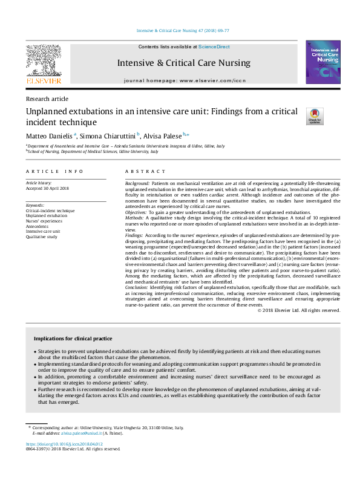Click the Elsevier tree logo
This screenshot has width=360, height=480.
[x=43, y=62]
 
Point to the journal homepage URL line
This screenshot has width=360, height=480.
[x=185, y=80]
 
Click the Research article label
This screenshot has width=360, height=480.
[x=47, y=99]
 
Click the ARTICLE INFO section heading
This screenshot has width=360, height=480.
[x=54, y=172]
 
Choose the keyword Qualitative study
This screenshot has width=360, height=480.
[x=42, y=236]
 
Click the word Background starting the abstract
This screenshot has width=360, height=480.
[x=137, y=183]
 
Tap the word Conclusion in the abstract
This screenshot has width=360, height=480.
[x=136, y=288]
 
